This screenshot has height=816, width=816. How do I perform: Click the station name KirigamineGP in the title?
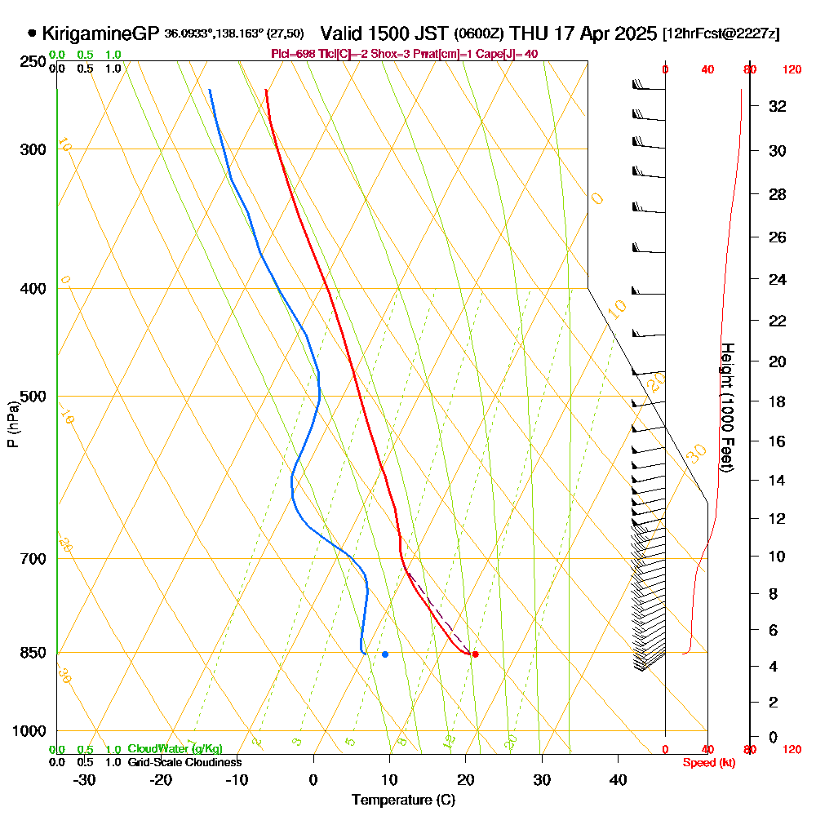100,33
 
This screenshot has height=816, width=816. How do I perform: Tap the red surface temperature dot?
475,654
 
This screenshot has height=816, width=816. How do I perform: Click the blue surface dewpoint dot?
385,654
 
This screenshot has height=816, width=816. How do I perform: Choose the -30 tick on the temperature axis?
85,780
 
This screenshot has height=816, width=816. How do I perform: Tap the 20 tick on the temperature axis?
466,780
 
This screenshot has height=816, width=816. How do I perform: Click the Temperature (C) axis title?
403,800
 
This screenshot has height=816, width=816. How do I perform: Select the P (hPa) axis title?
13,424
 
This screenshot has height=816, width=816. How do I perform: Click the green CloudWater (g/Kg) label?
175,749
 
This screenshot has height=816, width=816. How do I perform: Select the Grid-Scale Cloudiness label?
184,762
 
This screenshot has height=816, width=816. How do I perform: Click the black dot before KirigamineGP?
32,33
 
